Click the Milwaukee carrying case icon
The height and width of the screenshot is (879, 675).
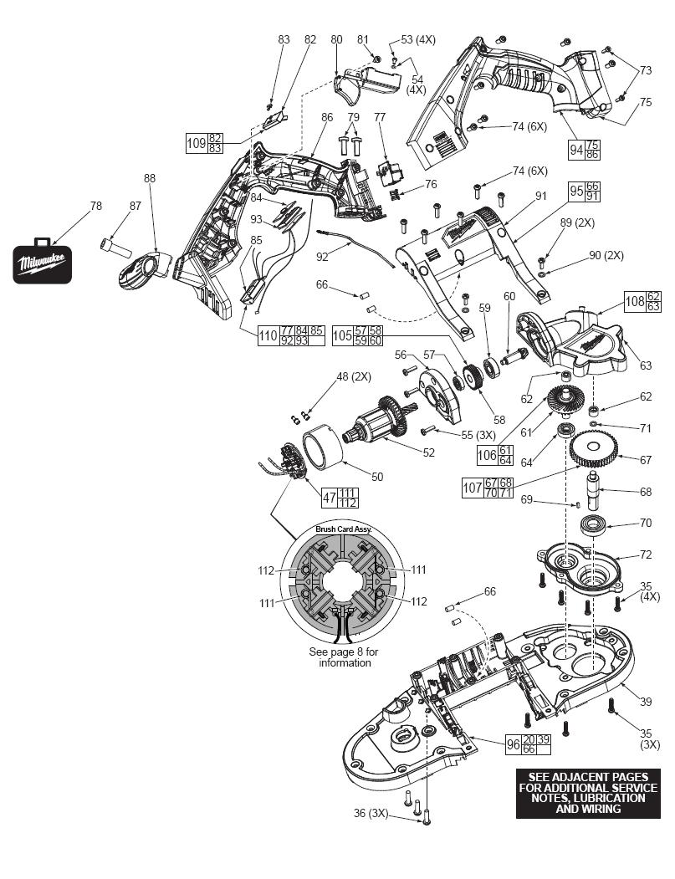[42, 262]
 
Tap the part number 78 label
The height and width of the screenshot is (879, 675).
[96, 206]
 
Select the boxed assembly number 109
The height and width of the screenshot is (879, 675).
[197, 143]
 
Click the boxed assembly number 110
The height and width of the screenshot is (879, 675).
[268, 335]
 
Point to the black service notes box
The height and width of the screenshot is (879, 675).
[587, 793]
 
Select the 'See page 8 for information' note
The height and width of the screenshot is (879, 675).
[344, 657]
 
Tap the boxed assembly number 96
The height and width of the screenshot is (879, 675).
[513, 744]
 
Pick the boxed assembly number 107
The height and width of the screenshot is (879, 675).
[472, 488]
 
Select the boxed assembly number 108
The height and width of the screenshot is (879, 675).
[635, 301]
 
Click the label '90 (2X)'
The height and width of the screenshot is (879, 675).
[605, 255]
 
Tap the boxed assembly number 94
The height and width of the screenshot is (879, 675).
[576, 150]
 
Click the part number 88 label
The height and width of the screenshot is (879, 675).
[150, 178]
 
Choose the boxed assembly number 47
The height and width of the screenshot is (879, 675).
[330, 498]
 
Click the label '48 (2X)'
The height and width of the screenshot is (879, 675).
[354, 376]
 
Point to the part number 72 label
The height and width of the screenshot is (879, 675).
[646, 554]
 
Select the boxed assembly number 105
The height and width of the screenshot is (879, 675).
[343, 335]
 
